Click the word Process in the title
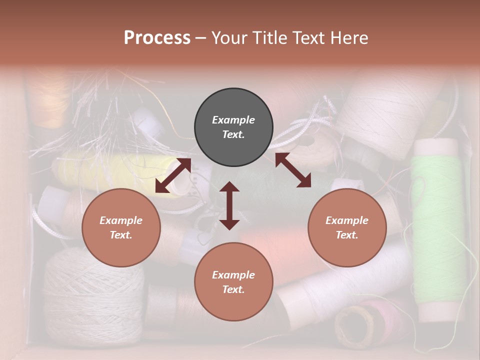click(157, 38)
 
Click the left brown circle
click(121, 227)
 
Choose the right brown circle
click(347, 227)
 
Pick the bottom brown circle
click(233, 282)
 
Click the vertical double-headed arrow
click(229, 205)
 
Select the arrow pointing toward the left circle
click(173, 175)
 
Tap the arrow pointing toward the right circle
click(293, 170)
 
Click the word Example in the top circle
click(233, 120)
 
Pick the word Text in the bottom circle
click(233, 289)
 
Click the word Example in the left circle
click(121, 220)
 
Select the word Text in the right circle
click(347, 235)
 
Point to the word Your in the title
click(229, 38)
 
